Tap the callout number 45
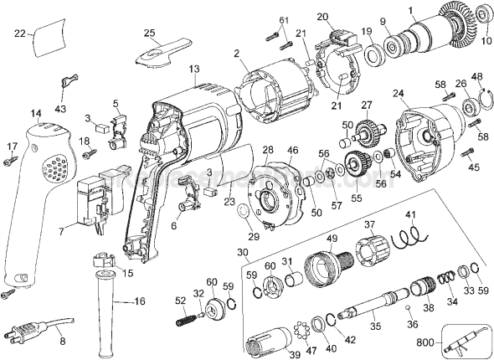(x=473, y=168)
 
